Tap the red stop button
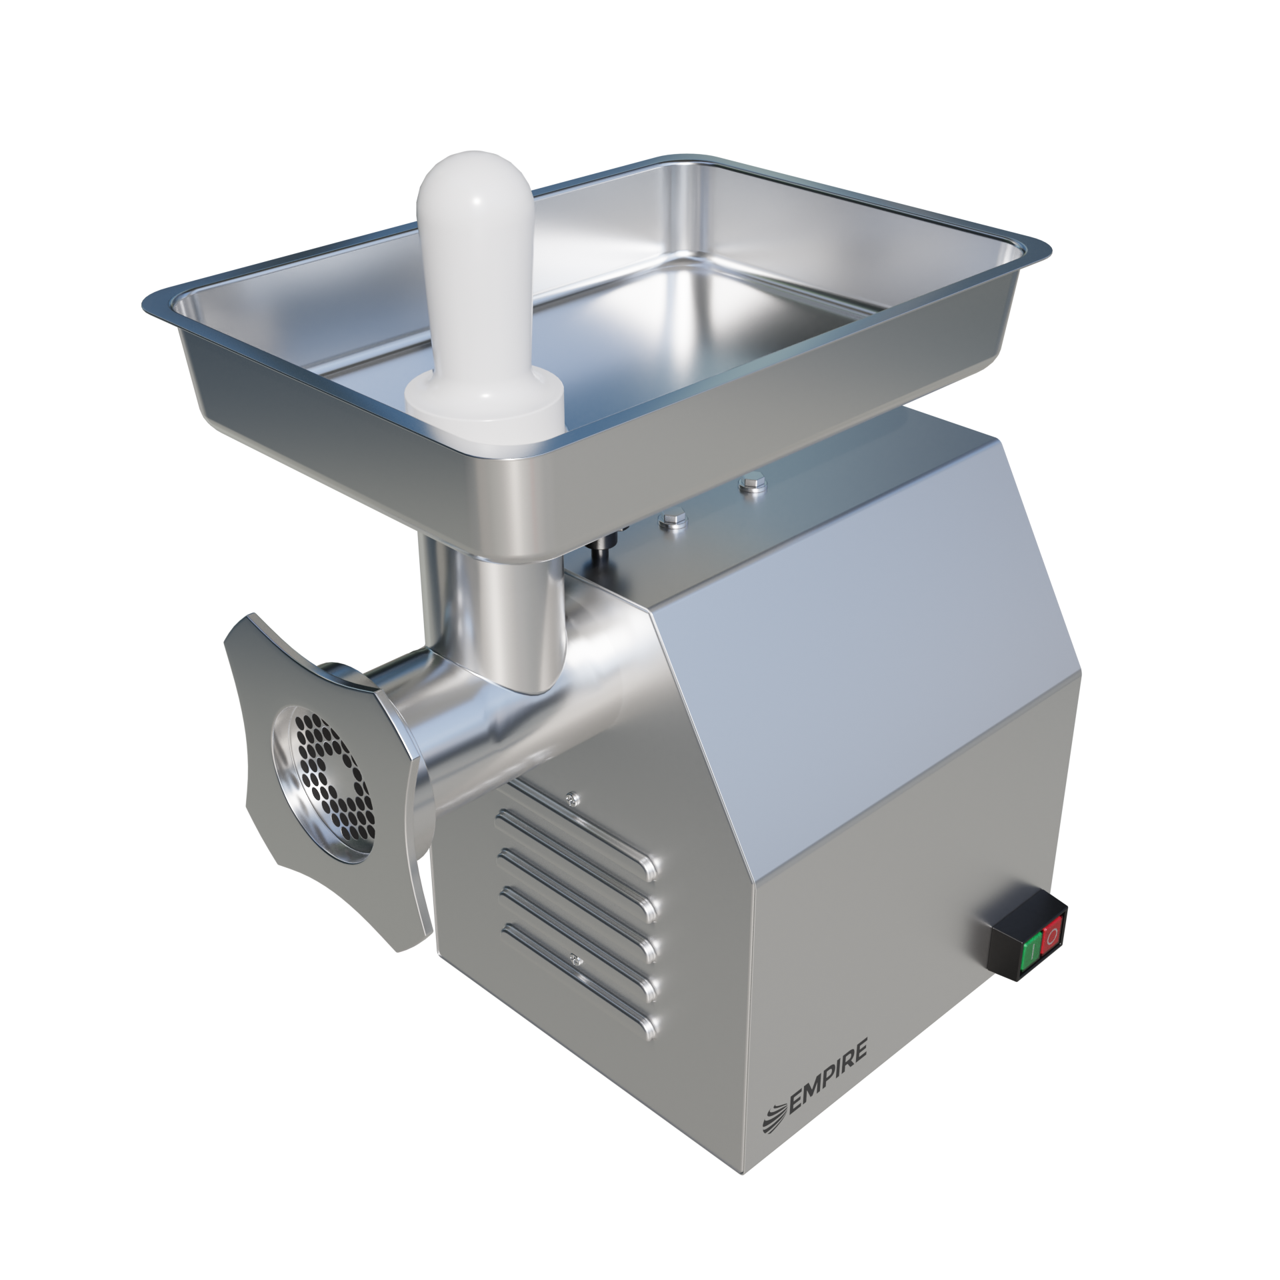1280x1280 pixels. (1051, 937)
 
